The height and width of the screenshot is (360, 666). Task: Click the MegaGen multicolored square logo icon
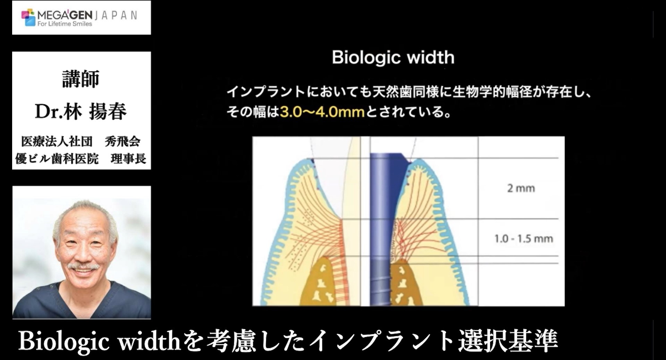click(x=28, y=17)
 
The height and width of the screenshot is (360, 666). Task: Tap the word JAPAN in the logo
click(x=116, y=15)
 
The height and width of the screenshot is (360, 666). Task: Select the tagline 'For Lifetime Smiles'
click(x=65, y=24)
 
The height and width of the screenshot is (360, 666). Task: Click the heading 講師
click(x=81, y=79)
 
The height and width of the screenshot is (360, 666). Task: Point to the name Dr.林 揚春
click(x=81, y=111)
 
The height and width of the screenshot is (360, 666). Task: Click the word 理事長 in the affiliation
click(x=128, y=159)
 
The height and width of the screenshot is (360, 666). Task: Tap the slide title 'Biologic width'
click(x=393, y=58)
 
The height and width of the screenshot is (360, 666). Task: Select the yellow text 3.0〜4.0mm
click(x=322, y=112)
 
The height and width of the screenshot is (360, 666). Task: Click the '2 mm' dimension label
click(x=521, y=188)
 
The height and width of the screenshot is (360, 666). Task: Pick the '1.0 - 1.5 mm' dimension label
click(x=523, y=239)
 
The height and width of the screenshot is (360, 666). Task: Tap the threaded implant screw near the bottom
click(x=380, y=283)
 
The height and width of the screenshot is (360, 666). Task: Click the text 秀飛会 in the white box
click(x=122, y=142)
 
